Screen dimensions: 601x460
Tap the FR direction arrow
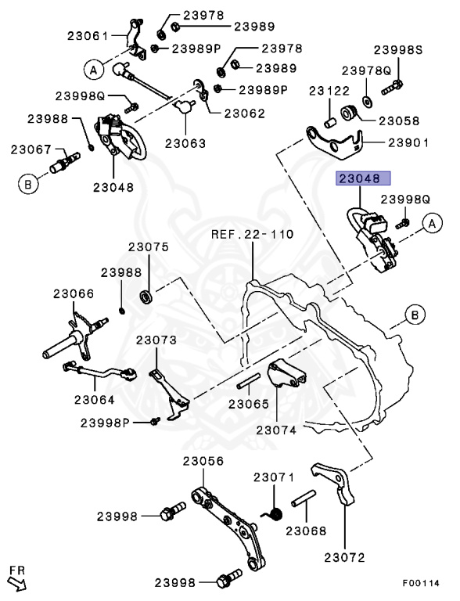click(16, 581)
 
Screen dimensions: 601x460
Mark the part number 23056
click(204, 461)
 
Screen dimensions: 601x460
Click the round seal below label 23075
click(146, 297)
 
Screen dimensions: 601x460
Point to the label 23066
click(74, 293)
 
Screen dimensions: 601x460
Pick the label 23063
click(185, 143)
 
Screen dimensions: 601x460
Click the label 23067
click(31, 148)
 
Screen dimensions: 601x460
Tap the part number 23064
click(95, 399)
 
